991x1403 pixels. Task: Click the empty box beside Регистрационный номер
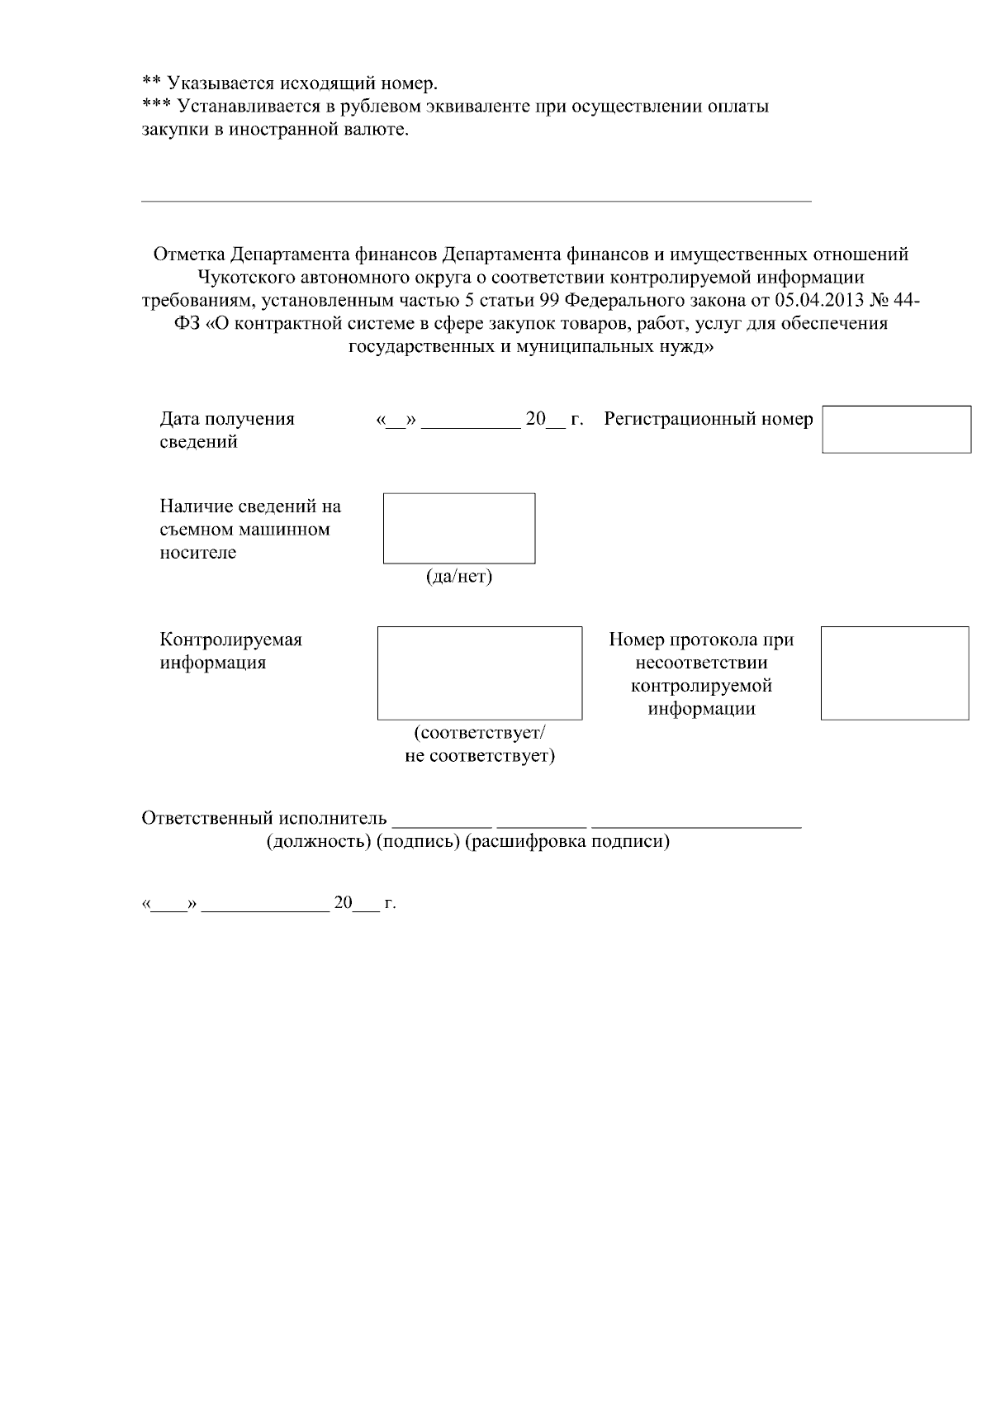tap(897, 429)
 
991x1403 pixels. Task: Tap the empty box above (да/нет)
tap(459, 528)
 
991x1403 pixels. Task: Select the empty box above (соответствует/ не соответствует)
tap(480, 673)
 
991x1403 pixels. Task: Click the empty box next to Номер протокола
tap(894, 673)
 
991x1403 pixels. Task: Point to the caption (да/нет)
tap(459, 577)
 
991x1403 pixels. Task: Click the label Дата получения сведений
tap(226, 430)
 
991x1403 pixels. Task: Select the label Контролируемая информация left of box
tap(230, 651)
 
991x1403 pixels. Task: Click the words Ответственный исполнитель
tap(264, 818)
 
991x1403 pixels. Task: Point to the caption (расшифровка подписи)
tap(567, 842)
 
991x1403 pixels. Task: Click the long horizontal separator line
tap(477, 201)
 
